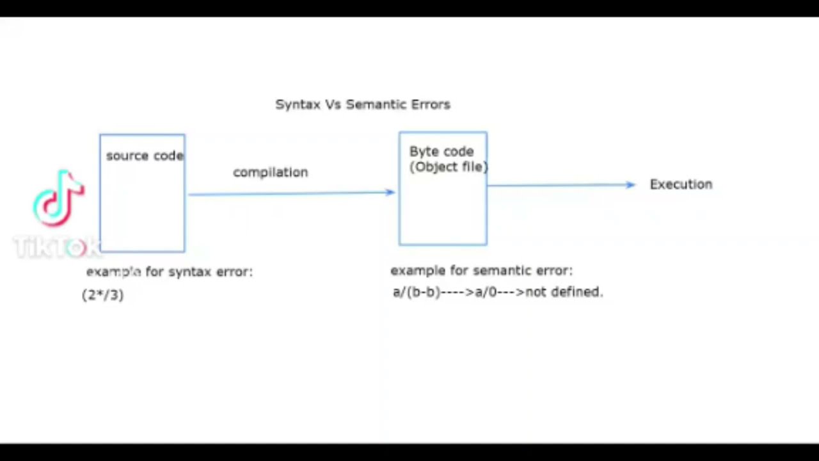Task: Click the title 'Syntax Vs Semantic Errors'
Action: (x=363, y=104)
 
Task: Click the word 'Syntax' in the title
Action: (x=298, y=104)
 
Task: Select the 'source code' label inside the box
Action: (x=145, y=156)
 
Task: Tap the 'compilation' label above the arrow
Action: (x=270, y=172)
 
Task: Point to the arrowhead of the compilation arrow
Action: (x=391, y=192)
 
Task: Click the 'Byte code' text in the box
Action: (x=441, y=152)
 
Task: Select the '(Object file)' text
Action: (x=449, y=167)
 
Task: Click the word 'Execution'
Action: (x=681, y=184)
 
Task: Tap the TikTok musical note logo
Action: (x=58, y=198)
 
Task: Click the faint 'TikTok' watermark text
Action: (x=56, y=247)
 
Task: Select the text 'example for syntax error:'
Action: (x=170, y=272)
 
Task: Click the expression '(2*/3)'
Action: (x=103, y=295)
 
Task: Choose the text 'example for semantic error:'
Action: (x=481, y=271)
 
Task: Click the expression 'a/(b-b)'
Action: (x=417, y=292)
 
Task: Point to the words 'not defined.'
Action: (x=564, y=292)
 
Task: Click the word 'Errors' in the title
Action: (x=431, y=104)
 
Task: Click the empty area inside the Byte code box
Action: (x=443, y=211)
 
